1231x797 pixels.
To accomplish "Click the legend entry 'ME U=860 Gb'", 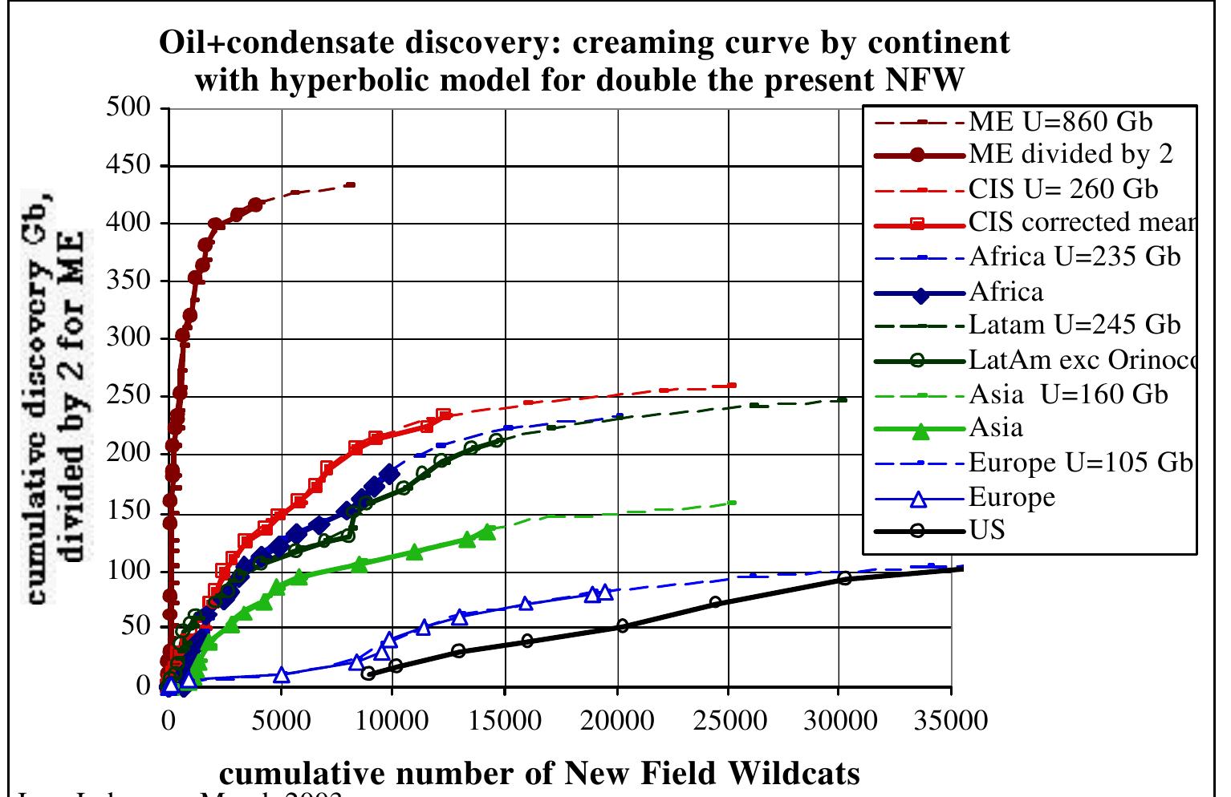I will click(1060, 122).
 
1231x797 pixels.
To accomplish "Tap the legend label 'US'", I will click(986, 530).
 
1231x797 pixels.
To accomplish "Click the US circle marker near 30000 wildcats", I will click(843, 578).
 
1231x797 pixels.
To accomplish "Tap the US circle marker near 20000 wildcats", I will click(622, 625).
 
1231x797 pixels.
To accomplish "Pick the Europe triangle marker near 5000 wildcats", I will click(281, 675).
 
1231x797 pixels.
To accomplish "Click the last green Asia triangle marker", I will click(487, 532).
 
